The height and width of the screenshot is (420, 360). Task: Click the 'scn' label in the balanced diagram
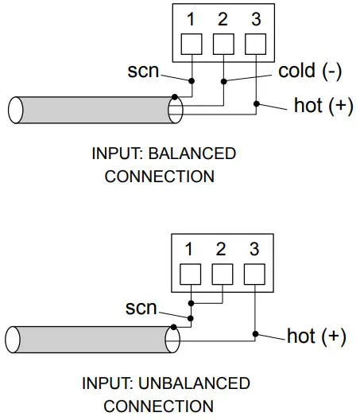pyautogui.click(x=143, y=72)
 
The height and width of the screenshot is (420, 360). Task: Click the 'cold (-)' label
pyautogui.click(x=309, y=71)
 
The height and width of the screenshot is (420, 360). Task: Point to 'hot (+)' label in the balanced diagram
pyautogui.click(x=323, y=106)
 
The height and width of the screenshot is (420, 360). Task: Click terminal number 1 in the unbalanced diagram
pyautogui.click(x=189, y=250)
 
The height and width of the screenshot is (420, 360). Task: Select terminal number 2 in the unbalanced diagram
pyautogui.click(x=221, y=250)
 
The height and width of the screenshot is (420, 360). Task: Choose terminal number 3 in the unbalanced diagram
pyautogui.click(x=253, y=250)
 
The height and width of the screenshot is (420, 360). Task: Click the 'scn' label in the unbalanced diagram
pyautogui.click(x=141, y=307)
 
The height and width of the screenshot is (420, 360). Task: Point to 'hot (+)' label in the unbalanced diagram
pyautogui.click(x=316, y=336)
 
